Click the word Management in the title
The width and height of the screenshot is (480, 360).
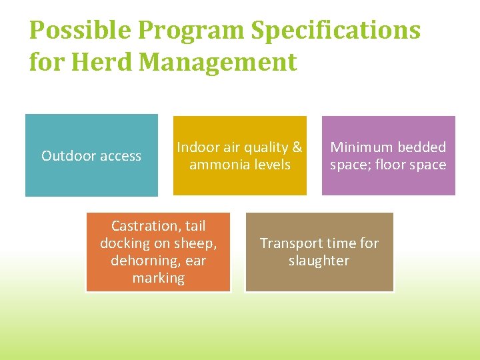point(219,62)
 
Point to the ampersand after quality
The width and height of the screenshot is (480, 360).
point(297,147)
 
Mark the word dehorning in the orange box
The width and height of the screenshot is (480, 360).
point(139,261)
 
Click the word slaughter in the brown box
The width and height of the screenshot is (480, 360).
point(319,261)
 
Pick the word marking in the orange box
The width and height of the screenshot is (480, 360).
point(158,278)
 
